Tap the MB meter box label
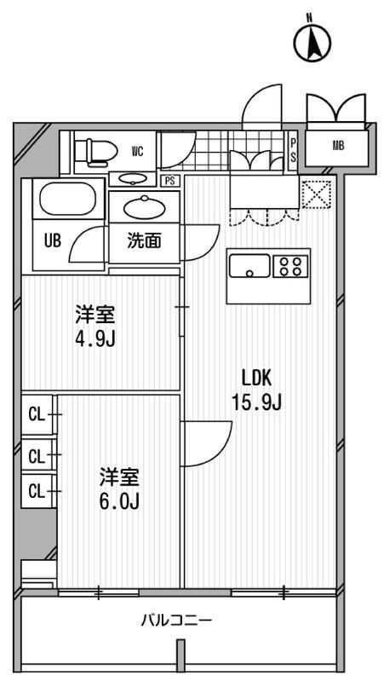point(338,146)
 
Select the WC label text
point(137,152)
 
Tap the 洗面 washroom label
point(144,241)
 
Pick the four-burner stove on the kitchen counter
point(290,265)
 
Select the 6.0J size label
point(118,500)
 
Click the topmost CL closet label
point(36,415)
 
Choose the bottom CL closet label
point(36,491)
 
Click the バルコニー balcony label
point(176,621)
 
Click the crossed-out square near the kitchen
point(314,194)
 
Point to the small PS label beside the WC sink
point(170,180)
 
